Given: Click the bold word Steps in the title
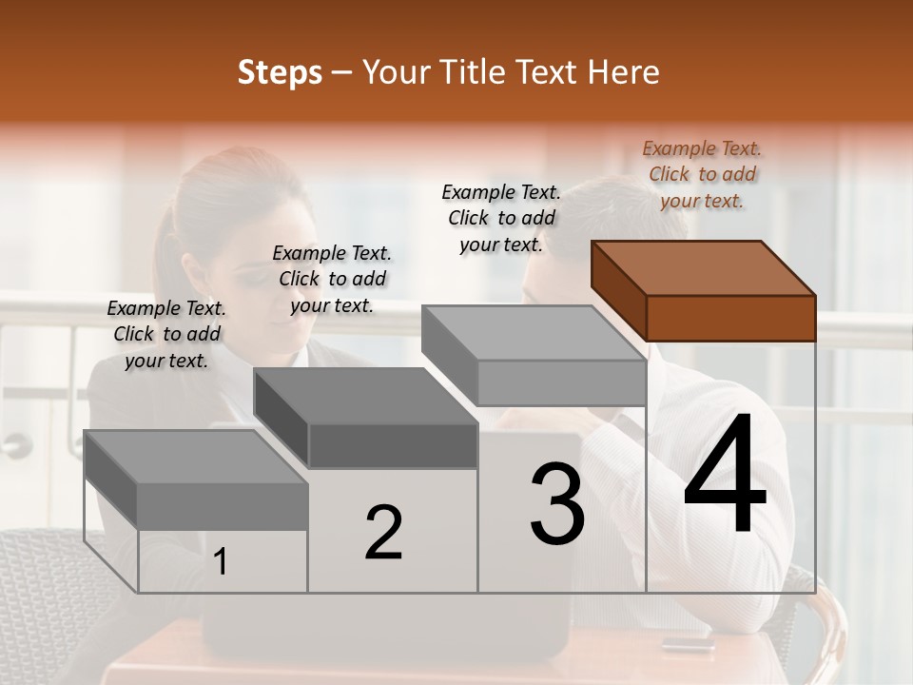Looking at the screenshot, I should [280, 72].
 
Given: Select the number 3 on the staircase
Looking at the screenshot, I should [557, 504].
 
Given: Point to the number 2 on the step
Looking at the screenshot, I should [383, 533].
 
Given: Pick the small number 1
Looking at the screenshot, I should [221, 561].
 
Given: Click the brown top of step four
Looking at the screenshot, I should [704, 267].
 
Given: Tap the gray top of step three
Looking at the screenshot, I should [533, 333].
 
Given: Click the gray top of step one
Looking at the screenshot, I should [195, 457].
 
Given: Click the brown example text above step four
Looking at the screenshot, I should [702, 174].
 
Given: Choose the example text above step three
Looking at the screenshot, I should [501, 218].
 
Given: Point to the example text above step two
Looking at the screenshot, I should [332, 279].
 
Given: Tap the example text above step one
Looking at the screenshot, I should [166, 334].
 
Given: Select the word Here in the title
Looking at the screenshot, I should [626, 72].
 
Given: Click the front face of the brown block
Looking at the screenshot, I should [730, 318].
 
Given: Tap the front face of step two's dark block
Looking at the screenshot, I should [393, 445].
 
